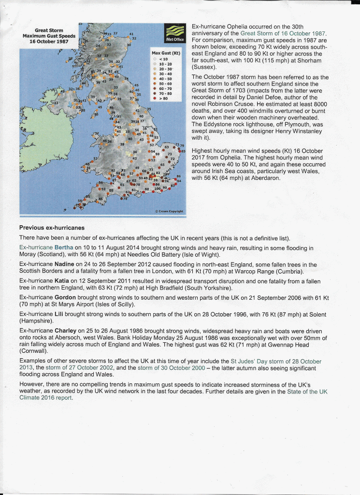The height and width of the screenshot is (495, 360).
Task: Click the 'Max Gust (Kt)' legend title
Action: pos(166,53)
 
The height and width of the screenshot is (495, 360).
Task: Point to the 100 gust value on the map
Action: pos(158,189)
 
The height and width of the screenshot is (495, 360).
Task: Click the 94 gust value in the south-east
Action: pos(180,180)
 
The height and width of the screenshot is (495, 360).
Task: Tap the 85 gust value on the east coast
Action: pos(183,151)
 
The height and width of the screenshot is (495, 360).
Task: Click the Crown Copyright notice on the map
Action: pos(169,211)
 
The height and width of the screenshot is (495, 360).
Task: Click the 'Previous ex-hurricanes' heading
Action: pos(52,228)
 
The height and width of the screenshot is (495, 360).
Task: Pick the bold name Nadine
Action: pos(64,264)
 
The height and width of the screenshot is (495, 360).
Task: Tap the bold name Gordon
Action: pos(65,297)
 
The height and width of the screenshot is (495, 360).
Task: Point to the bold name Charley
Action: pos(65,330)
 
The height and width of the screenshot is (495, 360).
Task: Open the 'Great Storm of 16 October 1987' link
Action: pos(283,33)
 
